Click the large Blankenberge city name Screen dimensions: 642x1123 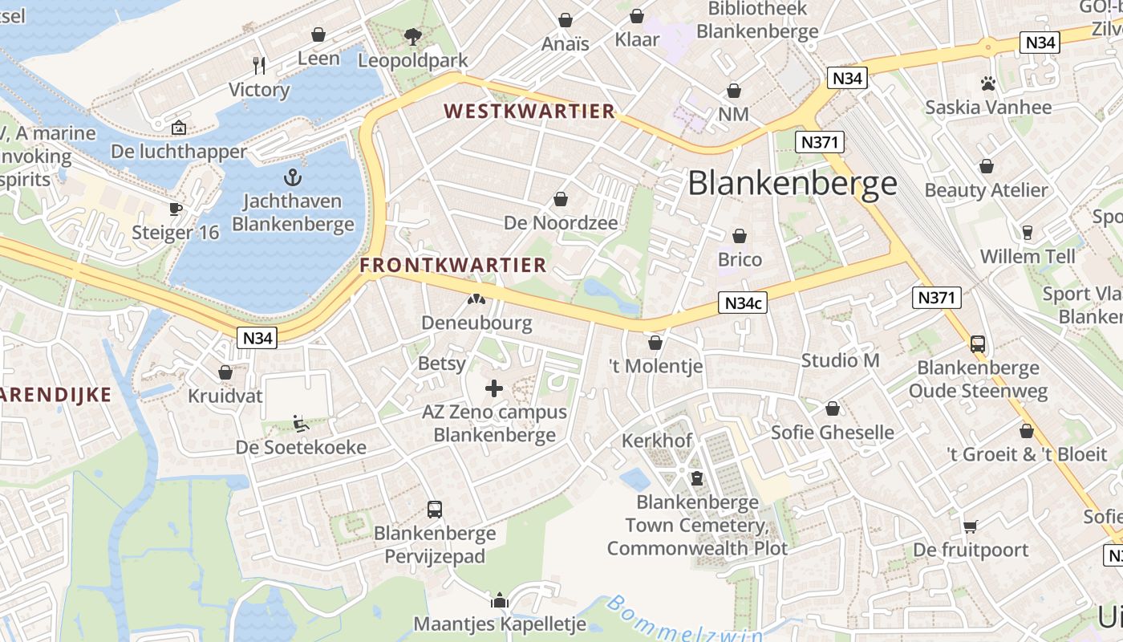pyautogui.click(x=793, y=183)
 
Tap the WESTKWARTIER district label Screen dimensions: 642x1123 pyautogui.click(x=529, y=112)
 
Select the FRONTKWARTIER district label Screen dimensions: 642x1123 pyautogui.click(x=453, y=265)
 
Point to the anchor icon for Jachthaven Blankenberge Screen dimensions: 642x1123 pyautogui.click(x=293, y=177)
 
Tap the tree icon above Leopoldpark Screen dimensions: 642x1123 pyautogui.click(x=413, y=36)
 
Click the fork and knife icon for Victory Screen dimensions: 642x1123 pyautogui.click(x=259, y=65)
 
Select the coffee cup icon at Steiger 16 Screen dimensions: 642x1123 pyautogui.click(x=176, y=209)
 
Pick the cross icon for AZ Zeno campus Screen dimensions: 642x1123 pyautogui.click(x=494, y=389)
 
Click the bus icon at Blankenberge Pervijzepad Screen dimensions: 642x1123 pyautogui.click(x=434, y=509)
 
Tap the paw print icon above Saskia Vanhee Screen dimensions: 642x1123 pyautogui.click(x=987, y=83)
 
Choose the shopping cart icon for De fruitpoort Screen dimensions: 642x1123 pyautogui.click(x=971, y=526)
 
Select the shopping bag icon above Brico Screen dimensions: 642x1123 pyautogui.click(x=740, y=236)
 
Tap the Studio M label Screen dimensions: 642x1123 pyautogui.click(x=840, y=360)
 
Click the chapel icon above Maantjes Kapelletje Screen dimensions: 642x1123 pyautogui.click(x=500, y=599)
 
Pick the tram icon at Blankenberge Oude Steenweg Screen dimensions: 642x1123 pyautogui.click(x=978, y=343)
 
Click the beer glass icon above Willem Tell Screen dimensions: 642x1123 pyautogui.click(x=1027, y=233)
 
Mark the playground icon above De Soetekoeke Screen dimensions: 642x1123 pyautogui.click(x=301, y=423)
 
